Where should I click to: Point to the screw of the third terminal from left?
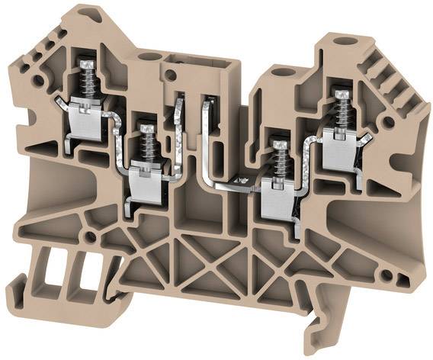[279, 145]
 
